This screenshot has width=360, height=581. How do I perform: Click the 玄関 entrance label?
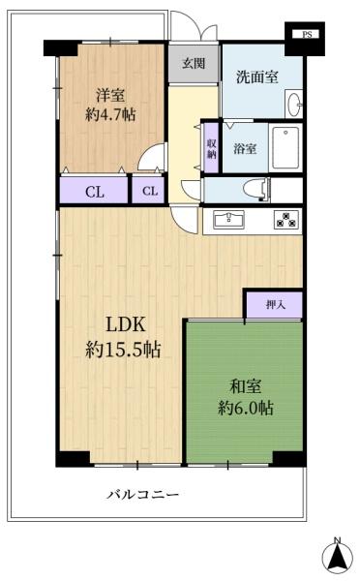[193, 64]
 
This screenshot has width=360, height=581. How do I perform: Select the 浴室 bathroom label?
[245, 148]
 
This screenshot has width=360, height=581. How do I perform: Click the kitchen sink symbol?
[230, 218]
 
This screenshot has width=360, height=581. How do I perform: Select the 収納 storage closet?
[211, 148]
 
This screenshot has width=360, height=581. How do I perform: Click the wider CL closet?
[94, 191]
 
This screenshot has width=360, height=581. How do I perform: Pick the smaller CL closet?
[149, 191]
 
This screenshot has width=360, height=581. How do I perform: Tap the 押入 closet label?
[275, 304]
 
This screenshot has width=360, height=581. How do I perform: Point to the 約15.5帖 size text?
[122, 352]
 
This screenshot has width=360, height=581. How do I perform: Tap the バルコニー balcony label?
[142, 495]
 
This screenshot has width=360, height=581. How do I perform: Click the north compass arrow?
[336, 557]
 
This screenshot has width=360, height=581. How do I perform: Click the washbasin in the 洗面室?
[295, 102]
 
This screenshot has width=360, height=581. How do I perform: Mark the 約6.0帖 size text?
[246, 408]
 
